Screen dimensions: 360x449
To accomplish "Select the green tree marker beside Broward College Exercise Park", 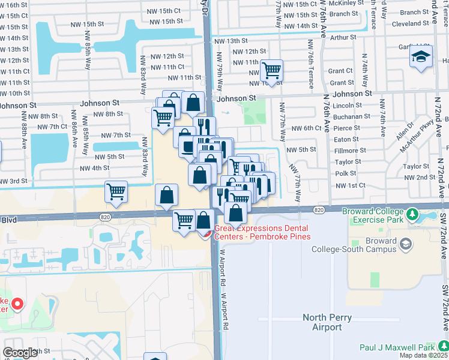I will pyautogui.click(x=411, y=214).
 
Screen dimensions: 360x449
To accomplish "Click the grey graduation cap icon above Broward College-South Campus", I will pyautogui.click(x=406, y=244).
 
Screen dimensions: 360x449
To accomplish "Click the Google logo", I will pyautogui.click(x=20, y=353).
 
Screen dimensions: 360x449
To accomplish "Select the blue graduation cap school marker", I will pyautogui.click(x=421, y=57).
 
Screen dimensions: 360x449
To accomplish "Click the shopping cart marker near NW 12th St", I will pyautogui.click(x=272, y=71).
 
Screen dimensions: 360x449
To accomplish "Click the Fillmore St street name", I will pyautogui.click(x=346, y=151).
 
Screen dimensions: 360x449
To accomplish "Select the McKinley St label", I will pyautogui.click(x=347, y=3).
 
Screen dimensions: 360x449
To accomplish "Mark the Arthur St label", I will pyautogui.click(x=343, y=37).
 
